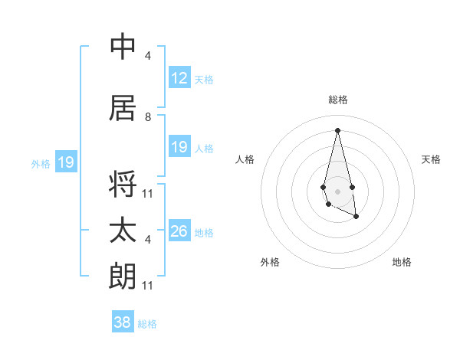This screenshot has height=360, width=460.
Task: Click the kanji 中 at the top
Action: click(123, 47)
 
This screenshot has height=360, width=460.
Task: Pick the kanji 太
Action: click(123, 231)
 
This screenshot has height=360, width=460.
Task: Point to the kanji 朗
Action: click(123, 277)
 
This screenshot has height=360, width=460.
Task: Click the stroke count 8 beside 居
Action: click(148, 117)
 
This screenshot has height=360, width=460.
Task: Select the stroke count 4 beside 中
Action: click(148, 56)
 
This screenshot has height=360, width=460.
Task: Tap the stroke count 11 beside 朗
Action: click(148, 286)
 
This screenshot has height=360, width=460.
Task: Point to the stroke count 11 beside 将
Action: click(148, 193)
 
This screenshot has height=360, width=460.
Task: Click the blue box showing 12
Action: click(179, 78)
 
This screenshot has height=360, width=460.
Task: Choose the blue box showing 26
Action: click(179, 231)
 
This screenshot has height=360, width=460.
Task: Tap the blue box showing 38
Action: click(123, 322)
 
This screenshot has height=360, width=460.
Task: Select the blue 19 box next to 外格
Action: click(65, 162)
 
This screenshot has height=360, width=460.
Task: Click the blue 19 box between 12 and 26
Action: click(179, 147)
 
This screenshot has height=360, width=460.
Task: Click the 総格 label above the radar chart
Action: click(338, 100)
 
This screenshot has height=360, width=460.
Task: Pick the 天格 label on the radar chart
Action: click(431, 159)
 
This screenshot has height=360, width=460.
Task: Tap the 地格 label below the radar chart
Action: click(402, 262)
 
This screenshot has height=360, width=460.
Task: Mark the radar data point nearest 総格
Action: click(337, 129)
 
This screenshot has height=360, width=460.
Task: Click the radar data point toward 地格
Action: click(356, 217)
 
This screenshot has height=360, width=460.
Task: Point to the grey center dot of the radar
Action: click(337, 190)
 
